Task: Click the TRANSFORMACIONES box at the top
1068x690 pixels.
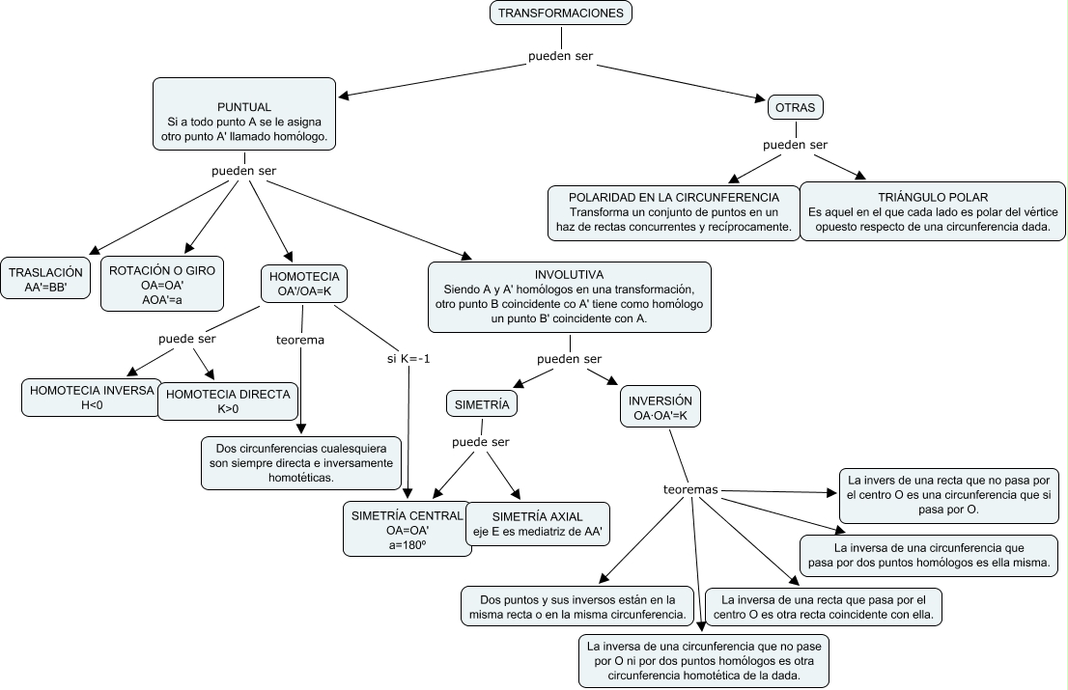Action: coord(561,13)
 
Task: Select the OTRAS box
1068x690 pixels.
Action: coord(796,107)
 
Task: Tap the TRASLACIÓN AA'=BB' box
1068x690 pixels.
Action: coord(45,278)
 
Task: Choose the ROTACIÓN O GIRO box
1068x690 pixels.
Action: coord(162,284)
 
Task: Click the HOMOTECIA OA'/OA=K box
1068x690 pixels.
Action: coord(304,284)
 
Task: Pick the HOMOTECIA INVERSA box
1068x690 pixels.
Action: coord(92,398)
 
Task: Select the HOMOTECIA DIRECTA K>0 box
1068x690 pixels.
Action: coord(228,401)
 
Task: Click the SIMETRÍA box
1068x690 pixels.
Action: coord(482,404)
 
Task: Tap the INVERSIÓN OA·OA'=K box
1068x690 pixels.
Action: coord(660,407)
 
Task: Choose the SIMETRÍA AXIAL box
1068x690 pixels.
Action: coord(538,524)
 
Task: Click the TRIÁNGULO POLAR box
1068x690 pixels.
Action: coord(933,211)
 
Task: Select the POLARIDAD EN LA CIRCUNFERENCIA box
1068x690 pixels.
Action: coord(674,212)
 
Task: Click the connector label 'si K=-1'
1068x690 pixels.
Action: coord(408,359)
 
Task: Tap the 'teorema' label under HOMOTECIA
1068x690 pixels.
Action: coord(299,340)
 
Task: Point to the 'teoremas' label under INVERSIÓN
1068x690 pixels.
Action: coord(690,489)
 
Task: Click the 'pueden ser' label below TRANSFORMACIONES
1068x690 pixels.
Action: coord(561,56)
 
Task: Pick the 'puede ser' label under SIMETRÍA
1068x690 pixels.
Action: coord(480,442)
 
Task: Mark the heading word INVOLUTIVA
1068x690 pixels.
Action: coord(569,275)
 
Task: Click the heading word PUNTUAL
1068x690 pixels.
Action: coord(244,107)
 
